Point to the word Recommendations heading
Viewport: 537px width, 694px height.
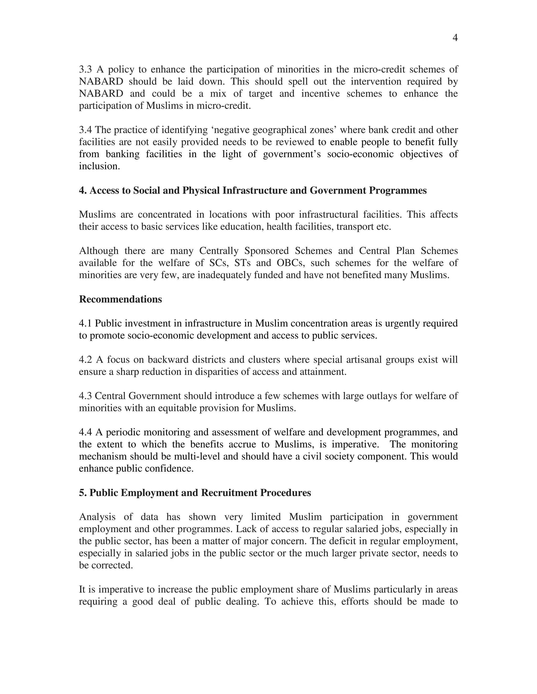click(120, 299)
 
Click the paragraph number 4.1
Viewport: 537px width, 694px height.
click(85, 323)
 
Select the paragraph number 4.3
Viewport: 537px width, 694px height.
click(85, 396)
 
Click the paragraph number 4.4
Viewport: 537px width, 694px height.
click(85, 432)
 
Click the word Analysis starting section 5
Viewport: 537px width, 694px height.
click(97, 517)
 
